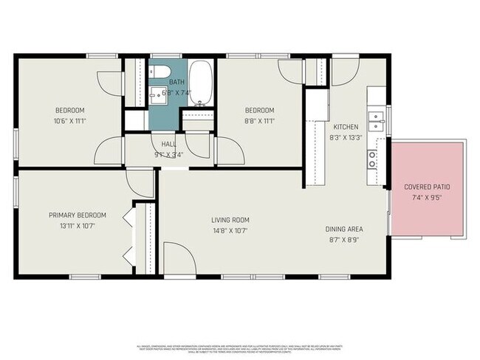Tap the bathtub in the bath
click(199, 83)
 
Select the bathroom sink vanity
click(157, 94)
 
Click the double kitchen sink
click(377, 117)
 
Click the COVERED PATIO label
click(426, 187)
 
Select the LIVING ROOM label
click(230, 220)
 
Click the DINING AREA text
click(344, 229)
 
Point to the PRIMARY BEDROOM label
click(78, 215)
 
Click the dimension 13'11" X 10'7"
click(78, 226)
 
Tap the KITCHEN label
click(346, 126)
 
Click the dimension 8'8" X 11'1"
click(261, 121)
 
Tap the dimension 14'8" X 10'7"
click(230, 230)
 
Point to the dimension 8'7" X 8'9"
click(344, 240)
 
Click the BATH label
click(176, 82)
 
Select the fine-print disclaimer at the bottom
click(240, 348)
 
